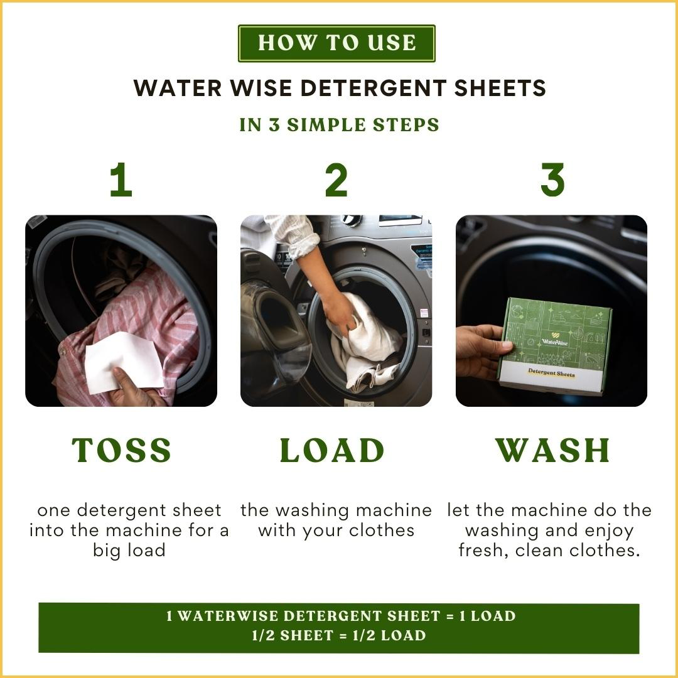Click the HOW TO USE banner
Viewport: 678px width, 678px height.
click(x=336, y=43)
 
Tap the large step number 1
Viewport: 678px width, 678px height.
click(x=121, y=180)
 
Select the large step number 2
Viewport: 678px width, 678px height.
click(x=336, y=180)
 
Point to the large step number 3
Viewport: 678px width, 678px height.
click(x=552, y=180)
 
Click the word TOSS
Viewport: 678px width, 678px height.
click(x=122, y=450)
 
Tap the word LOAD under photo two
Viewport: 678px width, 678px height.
click(x=332, y=450)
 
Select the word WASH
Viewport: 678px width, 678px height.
click(x=552, y=450)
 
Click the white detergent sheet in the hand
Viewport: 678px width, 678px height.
click(x=123, y=361)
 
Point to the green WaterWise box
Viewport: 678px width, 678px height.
click(x=556, y=346)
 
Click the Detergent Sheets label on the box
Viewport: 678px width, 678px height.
click(x=551, y=372)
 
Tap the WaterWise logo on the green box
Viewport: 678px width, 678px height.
click(x=555, y=339)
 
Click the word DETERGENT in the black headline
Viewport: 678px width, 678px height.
click(x=373, y=88)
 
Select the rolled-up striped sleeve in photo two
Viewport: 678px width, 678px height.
click(x=298, y=235)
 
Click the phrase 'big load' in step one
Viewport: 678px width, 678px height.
click(x=129, y=551)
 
